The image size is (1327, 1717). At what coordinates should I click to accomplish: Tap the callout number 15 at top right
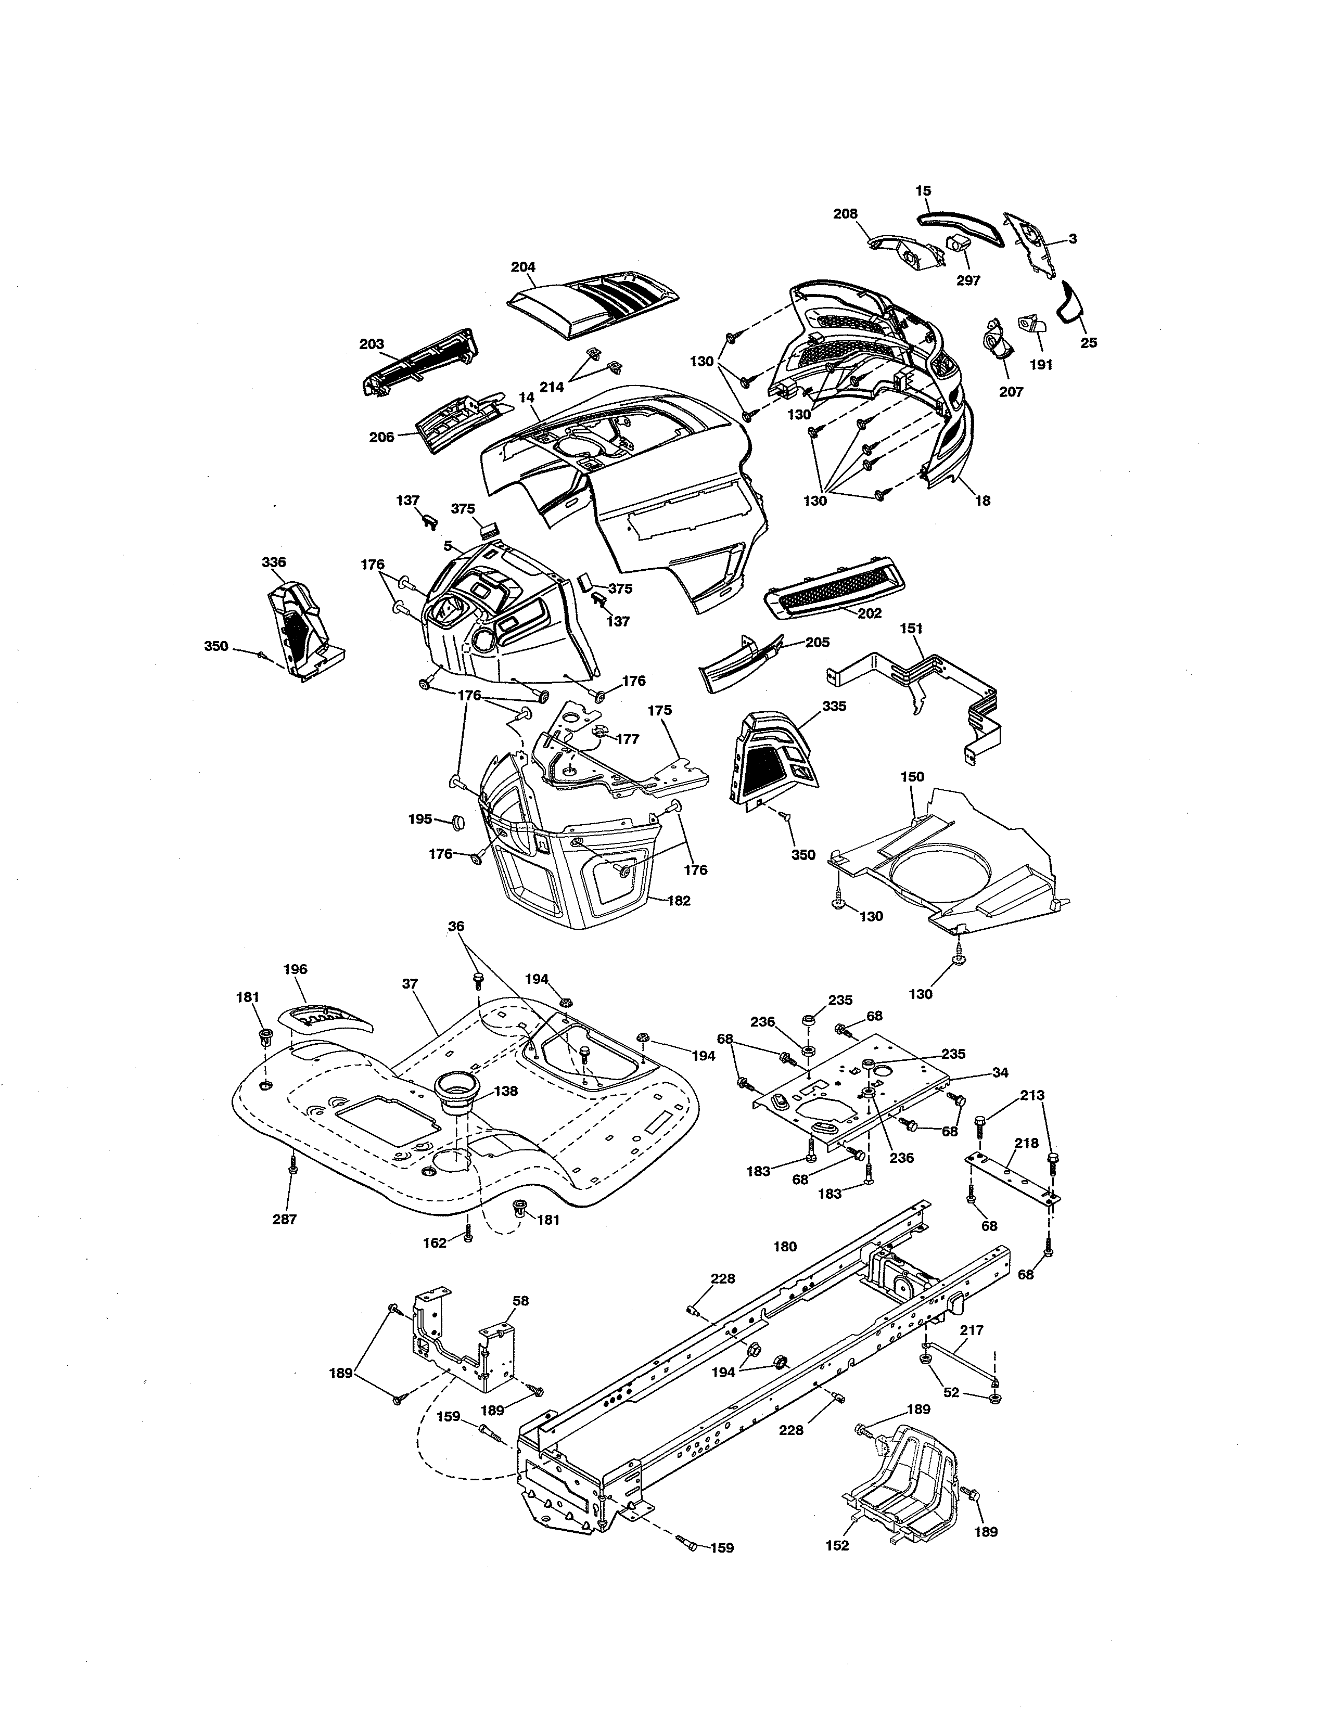tap(923, 191)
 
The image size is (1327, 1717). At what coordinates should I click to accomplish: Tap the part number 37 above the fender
tap(410, 983)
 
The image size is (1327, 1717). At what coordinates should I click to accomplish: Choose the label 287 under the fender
tap(285, 1220)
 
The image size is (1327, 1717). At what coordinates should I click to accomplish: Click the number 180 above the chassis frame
tap(785, 1246)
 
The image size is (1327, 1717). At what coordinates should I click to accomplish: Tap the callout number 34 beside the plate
tap(1000, 1072)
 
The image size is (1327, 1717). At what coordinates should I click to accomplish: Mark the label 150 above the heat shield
tap(912, 777)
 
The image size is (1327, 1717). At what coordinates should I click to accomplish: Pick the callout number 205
tap(817, 642)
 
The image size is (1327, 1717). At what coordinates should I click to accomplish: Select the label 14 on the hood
tap(526, 399)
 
